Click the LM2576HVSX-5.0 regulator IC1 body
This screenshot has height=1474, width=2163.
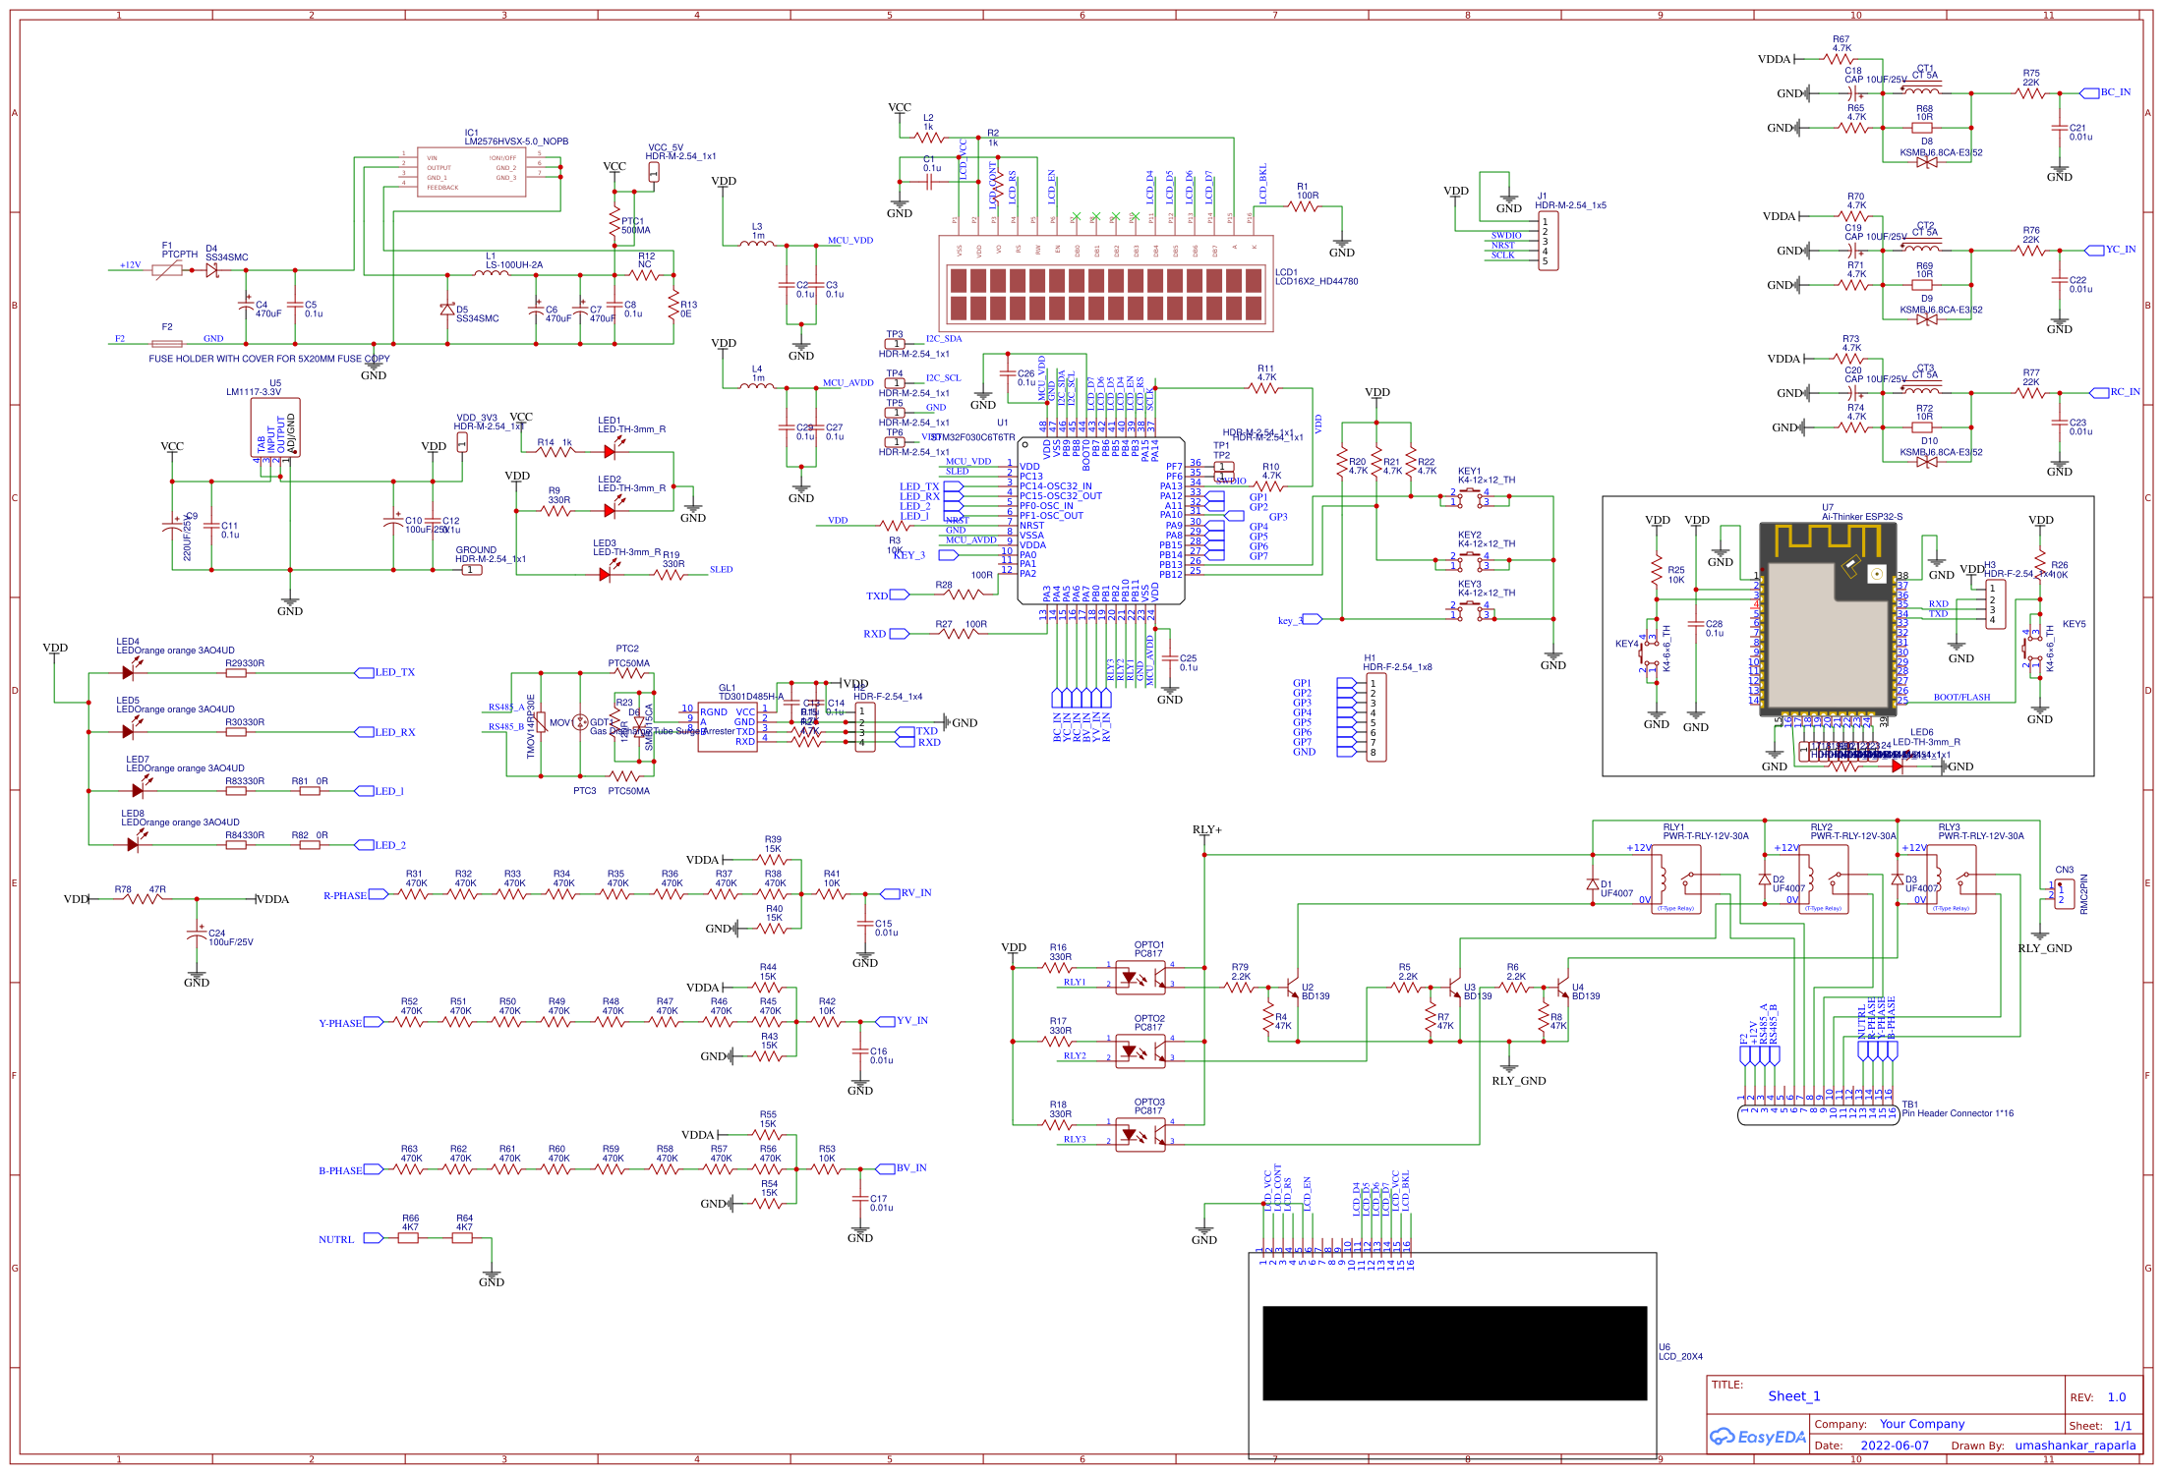(471, 172)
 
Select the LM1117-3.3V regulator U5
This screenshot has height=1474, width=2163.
(275, 427)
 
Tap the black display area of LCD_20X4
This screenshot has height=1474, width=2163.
(1454, 1352)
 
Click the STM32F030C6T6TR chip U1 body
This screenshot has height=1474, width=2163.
(1101, 521)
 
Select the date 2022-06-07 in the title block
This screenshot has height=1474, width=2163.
(1895, 1446)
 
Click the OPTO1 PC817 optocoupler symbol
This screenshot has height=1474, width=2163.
(1140, 978)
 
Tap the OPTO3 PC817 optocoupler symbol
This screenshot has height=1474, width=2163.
(1140, 1135)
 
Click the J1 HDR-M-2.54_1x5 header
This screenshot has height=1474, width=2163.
(1548, 242)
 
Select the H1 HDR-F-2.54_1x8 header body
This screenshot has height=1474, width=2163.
(1375, 717)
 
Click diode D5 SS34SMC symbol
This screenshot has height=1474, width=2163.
(447, 310)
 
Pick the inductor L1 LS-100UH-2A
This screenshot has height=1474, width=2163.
(492, 273)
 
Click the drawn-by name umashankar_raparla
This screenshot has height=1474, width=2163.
(2075, 1446)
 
